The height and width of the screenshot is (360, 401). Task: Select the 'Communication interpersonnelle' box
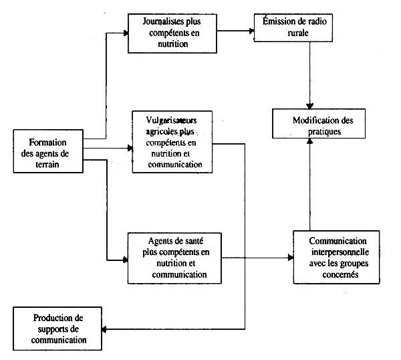(336, 258)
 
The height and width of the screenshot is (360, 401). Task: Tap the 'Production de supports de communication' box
(59, 329)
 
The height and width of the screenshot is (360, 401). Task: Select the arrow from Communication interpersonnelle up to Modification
(309, 187)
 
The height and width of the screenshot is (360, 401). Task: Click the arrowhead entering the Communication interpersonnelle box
(289, 258)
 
